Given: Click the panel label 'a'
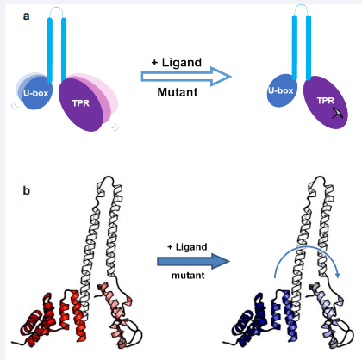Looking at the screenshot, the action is (26, 16).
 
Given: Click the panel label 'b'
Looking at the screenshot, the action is (26, 190).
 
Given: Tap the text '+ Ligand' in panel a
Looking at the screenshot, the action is (177, 63).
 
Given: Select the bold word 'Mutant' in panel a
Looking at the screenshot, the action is (178, 92).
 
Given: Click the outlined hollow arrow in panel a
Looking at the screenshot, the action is (186, 77).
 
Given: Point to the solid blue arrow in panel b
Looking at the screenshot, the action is (193, 261).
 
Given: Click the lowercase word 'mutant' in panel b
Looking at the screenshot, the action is (188, 276).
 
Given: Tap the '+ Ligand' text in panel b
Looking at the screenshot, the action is (187, 247).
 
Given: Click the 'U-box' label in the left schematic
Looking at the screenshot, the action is (35, 93).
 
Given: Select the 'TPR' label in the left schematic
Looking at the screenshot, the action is (81, 103).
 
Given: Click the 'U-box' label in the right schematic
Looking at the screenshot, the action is (280, 90).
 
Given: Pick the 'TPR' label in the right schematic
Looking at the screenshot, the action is (326, 101).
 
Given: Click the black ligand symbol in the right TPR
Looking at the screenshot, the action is (338, 114).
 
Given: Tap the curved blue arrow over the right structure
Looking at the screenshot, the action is (306, 246).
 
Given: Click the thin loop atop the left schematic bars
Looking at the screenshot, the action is (56, 9).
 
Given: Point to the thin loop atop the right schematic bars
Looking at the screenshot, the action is (301, 6).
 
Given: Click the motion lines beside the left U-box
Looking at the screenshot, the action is (15, 106).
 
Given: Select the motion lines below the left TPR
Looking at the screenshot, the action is (115, 127).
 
